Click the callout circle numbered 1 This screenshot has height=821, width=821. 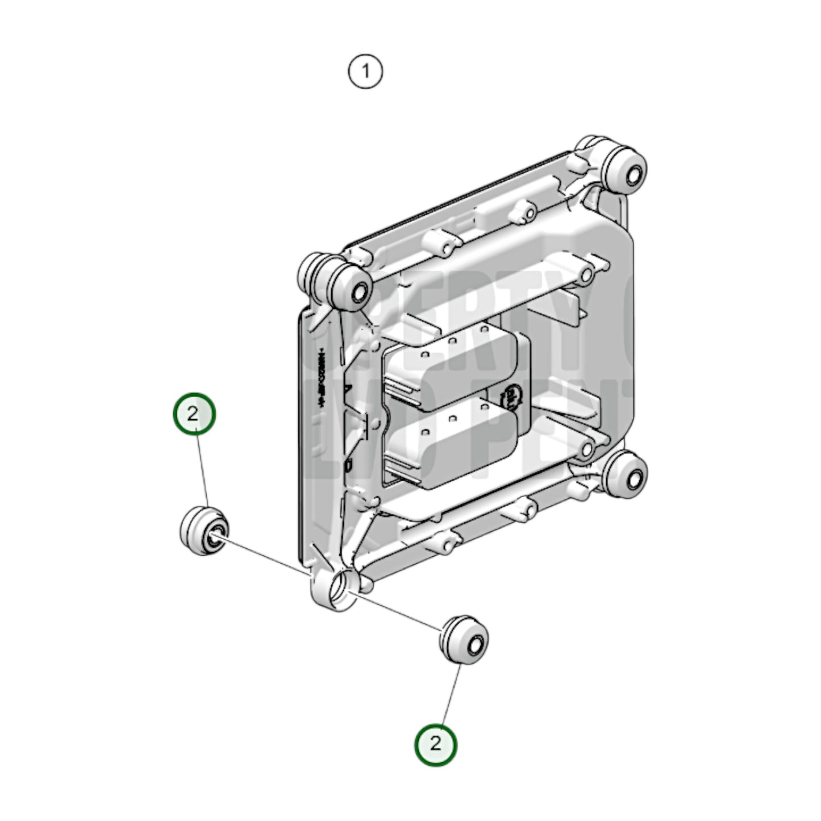tap(365, 72)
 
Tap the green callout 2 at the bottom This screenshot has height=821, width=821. tap(436, 744)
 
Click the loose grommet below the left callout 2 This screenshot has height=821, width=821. tap(204, 529)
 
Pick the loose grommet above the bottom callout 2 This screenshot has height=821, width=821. tap(464, 639)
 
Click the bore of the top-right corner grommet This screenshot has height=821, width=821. tap(631, 171)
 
